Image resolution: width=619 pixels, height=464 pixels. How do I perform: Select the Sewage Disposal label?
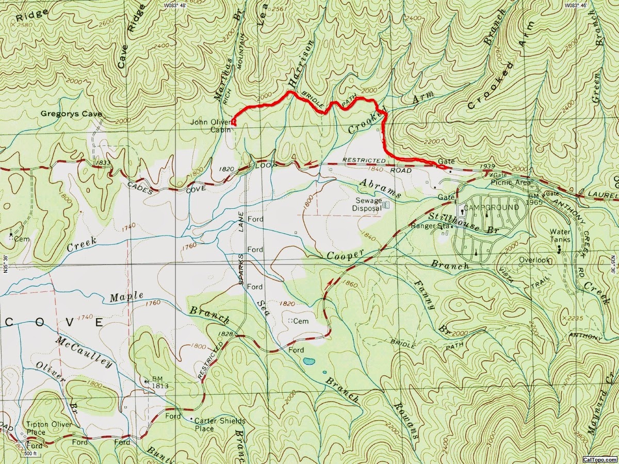tap(367, 204)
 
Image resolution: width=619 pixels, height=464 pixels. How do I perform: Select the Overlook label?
tap(534, 260)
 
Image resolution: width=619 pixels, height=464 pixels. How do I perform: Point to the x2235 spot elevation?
tap(576, 318)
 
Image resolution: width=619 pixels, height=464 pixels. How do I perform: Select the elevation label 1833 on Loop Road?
tap(103, 162)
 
